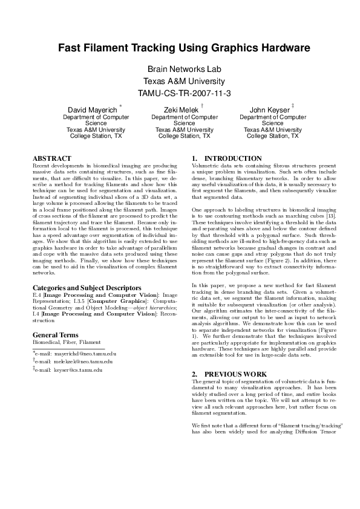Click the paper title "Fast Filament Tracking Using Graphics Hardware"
[180, 48]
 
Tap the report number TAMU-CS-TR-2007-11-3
[180, 93]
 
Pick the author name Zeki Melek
[175, 109]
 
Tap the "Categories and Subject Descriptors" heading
[87, 288]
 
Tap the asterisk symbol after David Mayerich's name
[121, 106]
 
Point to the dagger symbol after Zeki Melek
[201, 106]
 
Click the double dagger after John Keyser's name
[293, 106]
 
